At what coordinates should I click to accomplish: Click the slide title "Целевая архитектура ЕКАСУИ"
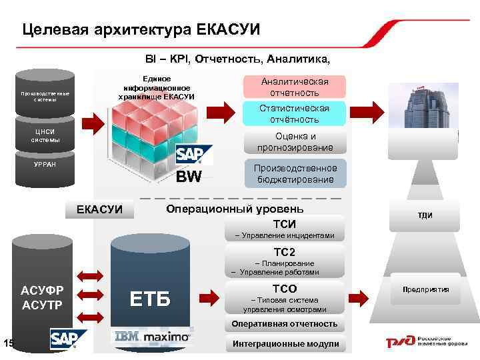(141, 29)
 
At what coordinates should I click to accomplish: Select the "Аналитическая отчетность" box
(295, 87)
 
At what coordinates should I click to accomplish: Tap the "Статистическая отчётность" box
(295, 114)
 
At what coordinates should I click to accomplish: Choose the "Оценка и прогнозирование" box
(295, 142)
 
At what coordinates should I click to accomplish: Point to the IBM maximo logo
(153, 337)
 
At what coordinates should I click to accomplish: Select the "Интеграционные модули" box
(285, 344)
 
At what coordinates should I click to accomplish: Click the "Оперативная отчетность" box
(285, 324)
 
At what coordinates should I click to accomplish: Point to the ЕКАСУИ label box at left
(100, 209)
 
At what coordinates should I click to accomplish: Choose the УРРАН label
(46, 164)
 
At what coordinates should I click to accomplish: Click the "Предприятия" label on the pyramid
(425, 289)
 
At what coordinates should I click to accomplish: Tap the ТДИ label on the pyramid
(425, 215)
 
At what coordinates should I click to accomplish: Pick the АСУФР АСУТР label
(42, 297)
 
